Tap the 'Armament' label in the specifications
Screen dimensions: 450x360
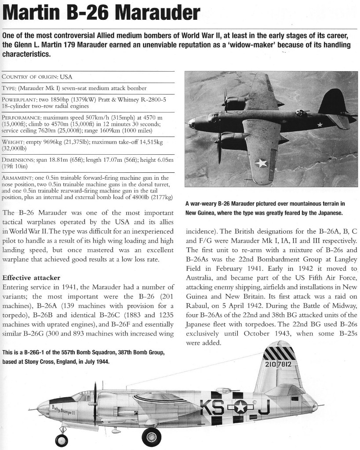[20, 177]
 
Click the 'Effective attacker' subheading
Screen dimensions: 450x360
[31, 278]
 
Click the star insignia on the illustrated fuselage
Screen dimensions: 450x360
[240, 407]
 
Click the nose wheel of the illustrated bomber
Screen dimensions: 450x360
[61, 439]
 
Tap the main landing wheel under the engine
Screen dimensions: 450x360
[152, 436]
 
